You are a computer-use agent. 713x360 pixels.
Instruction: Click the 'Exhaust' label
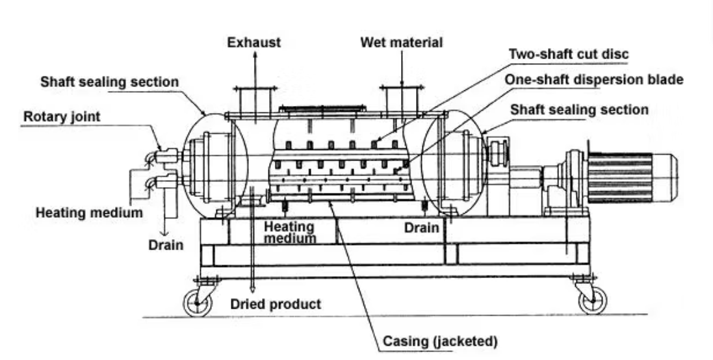[x=254, y=43]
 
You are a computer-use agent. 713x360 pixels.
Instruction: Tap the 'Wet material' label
[x=402, y=43]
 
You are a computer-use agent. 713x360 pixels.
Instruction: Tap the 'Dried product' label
[x=276, y=303]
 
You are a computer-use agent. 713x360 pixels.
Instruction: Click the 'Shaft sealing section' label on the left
[x=109, y=83]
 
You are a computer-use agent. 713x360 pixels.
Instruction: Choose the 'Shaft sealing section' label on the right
[x=579, y=109]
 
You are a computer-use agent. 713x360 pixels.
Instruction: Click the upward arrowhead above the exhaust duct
[x=255, y=57]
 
